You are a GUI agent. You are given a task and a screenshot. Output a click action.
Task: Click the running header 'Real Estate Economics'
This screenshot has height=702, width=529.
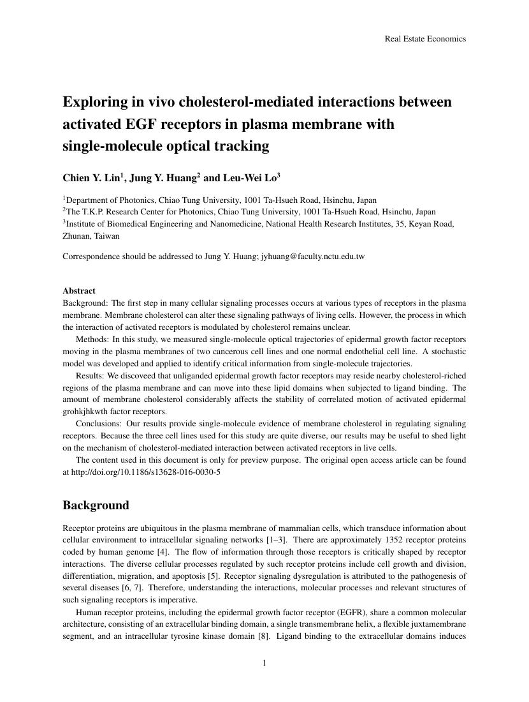(425, 39)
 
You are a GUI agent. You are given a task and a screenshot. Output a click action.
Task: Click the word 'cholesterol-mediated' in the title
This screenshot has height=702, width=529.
(238, 101)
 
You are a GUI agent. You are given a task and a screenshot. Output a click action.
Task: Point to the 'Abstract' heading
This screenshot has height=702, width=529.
(79, 290)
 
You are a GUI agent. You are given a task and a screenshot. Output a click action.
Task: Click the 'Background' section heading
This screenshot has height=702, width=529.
(96, 505)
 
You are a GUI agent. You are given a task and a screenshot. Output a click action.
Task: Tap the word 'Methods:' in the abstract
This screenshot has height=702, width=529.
(92, 339)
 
